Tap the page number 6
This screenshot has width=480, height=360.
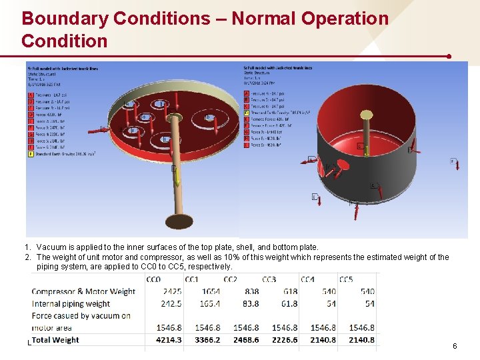(455, 346)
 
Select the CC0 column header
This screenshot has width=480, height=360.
(153, 279)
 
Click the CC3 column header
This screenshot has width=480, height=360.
(269, 279)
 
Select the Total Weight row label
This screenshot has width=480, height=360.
(55, 340)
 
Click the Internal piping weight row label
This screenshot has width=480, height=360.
(71, 304)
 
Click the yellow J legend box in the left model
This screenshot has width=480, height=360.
(30, 153)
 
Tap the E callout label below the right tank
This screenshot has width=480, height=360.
(314, 197)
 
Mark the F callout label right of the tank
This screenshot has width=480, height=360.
(453, 161)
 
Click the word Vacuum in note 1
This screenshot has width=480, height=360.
(53, 247)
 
